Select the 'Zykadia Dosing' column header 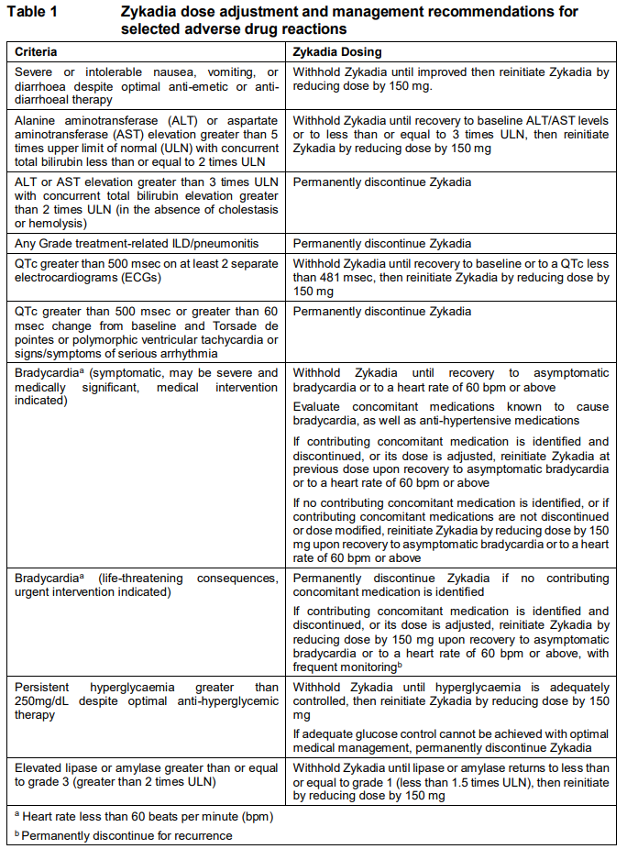[x=337, y=51]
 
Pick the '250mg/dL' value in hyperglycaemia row [x=39, y=700]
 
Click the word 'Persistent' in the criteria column [x=43, y=687]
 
